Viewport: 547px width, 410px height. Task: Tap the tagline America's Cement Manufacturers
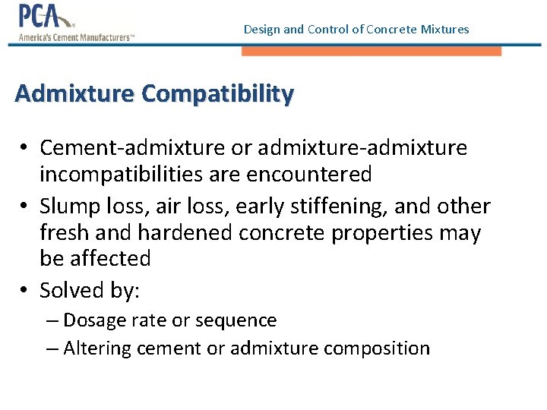click(76, 36)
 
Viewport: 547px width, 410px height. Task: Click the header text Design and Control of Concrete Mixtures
click(356, 30)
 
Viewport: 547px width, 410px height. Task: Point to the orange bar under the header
click(372, 51)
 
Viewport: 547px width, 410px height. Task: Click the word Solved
click(74, 290)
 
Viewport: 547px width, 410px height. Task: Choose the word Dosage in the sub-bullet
click(93, 320)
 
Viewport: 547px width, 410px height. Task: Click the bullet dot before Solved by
click(25, 291)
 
